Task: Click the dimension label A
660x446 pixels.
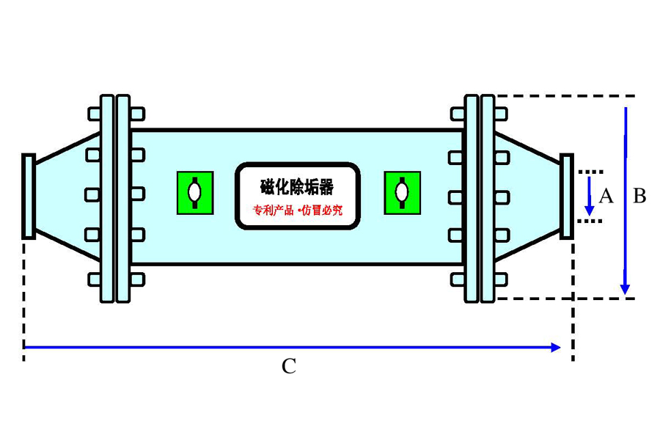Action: (606, 196)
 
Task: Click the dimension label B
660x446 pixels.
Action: (639, 196)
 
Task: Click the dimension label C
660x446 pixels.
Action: (289, 366)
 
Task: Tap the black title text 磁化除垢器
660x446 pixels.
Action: (296, 188)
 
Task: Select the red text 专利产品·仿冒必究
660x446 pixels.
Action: (297, 211)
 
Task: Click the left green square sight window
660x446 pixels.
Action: (194, 193)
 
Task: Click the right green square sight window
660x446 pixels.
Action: (402, 193)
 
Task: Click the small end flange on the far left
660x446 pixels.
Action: (29, 196)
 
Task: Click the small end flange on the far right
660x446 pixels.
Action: (566, 196)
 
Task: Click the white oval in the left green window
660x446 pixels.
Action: (194, 192)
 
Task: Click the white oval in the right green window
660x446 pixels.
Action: (402, 192)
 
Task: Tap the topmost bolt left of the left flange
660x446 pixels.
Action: (94, 114)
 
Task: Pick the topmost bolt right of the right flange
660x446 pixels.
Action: (501, 114)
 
